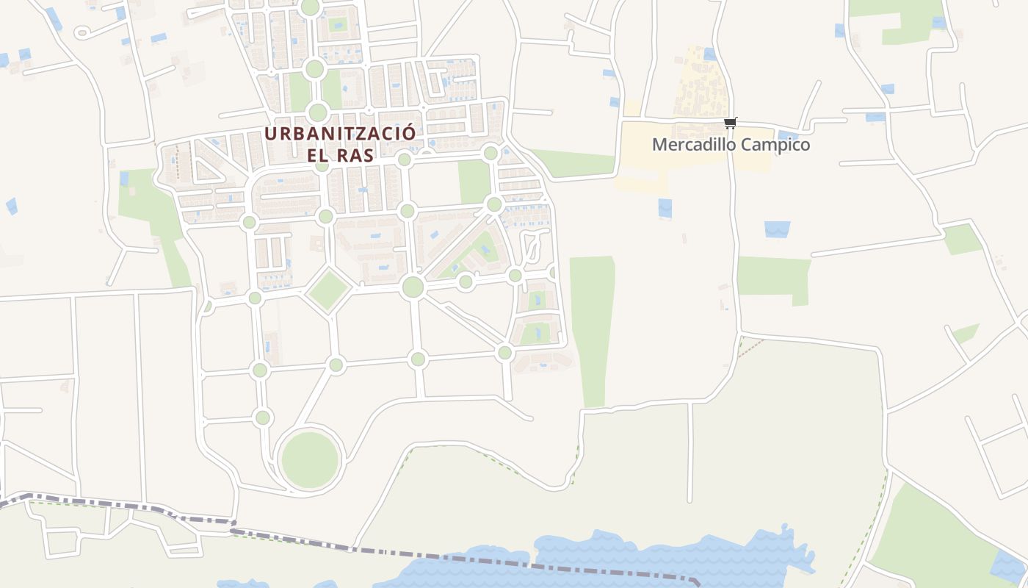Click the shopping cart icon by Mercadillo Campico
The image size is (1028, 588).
click(x=730, y=123)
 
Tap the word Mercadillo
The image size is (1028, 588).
click(x=693, y=145)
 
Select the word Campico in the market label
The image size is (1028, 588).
click(x=775, y=145)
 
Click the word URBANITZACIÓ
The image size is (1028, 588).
click(x=340, y=134)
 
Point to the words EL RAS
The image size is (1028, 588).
click(x=340, y=155)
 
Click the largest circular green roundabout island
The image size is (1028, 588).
click(x=310, y=460)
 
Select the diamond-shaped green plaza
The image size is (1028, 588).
click(x=328, y=290)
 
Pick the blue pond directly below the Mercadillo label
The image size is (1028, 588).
click(x=665, y=208)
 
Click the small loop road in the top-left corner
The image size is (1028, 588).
click(x=82, y=32)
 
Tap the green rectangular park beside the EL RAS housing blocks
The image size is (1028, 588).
click(x=474, y=181)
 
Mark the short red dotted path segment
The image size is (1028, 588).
click(x=750, y=348)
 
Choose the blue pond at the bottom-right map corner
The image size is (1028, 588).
click(x=1010, y=566)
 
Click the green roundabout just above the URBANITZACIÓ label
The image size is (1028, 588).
click(x=317, y=112)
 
